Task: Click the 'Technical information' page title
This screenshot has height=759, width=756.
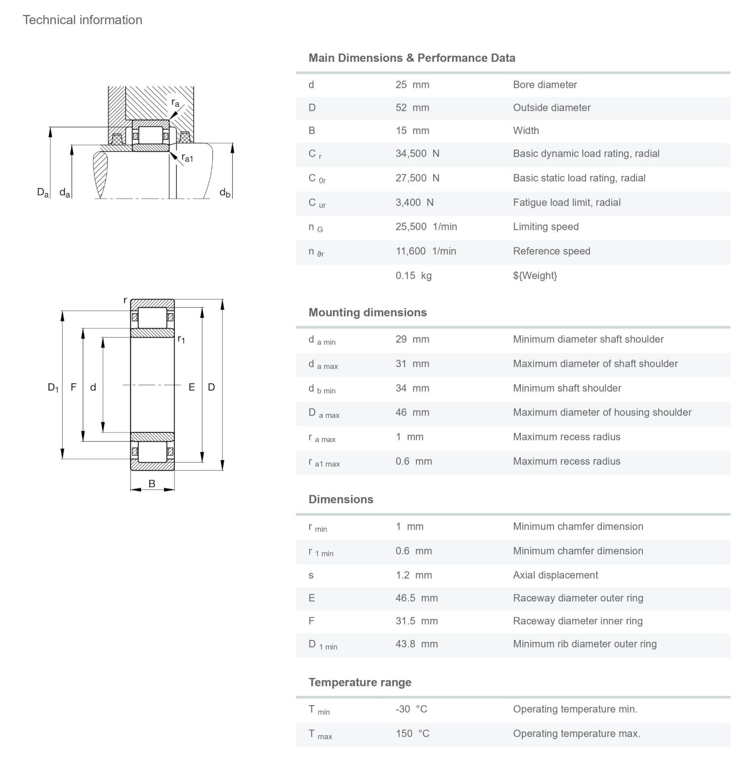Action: [x=83, y=20]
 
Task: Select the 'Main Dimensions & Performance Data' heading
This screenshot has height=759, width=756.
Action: [x=412, y=58]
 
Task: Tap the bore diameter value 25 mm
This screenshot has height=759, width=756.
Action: [x=412, y=84]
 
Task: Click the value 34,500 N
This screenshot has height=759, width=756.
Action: [x=417, y=154]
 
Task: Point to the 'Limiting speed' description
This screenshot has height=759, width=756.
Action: [x=546, y=227]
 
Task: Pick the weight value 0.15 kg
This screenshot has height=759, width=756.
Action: [x=413, y=276]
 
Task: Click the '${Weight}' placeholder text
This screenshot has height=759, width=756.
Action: [x=535, y=276]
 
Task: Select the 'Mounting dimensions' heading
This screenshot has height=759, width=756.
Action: [x=368, y=312]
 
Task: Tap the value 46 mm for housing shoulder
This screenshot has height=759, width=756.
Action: [x=412, y=413]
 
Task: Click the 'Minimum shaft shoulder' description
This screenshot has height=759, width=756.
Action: [x=567, y=388]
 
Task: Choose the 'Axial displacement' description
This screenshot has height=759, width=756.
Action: [x=555, y=575]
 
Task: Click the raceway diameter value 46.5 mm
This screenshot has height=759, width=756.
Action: [x=417, y=598]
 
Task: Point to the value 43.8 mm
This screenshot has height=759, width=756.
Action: [x=417, y=644]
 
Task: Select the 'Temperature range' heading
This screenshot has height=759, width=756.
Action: [x=360, y=682]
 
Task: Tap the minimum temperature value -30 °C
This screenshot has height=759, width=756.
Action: [x=411, y=709]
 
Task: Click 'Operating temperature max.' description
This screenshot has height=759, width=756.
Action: [x=576, y=734]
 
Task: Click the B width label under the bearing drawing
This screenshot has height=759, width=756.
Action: [x=152, y=484]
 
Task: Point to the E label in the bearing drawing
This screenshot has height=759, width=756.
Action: [x=192, y=387]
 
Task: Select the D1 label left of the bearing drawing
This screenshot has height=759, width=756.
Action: [x=53, y=387]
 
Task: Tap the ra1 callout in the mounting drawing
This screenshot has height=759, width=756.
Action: [x=187, y=158]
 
